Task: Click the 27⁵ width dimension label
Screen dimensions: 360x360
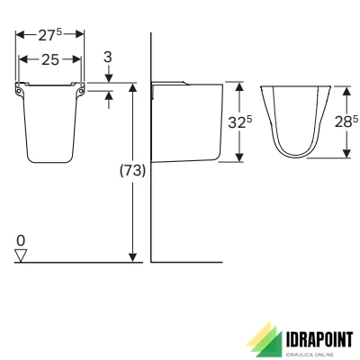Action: pos(49,35)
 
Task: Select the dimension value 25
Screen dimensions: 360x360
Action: pos(50,60)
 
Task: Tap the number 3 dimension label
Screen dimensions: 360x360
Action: pos(108,57)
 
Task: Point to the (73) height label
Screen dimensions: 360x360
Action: pos(132,171)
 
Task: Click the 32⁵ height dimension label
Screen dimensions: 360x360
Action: pos(240,121)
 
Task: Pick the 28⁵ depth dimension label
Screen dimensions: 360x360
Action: pos(346,121)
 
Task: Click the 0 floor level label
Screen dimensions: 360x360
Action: pos(21,240)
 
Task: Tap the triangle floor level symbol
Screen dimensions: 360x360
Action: pos(21,256)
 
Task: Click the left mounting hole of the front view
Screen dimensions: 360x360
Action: pos(19,90)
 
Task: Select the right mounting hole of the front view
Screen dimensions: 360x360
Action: pos(81,90)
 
